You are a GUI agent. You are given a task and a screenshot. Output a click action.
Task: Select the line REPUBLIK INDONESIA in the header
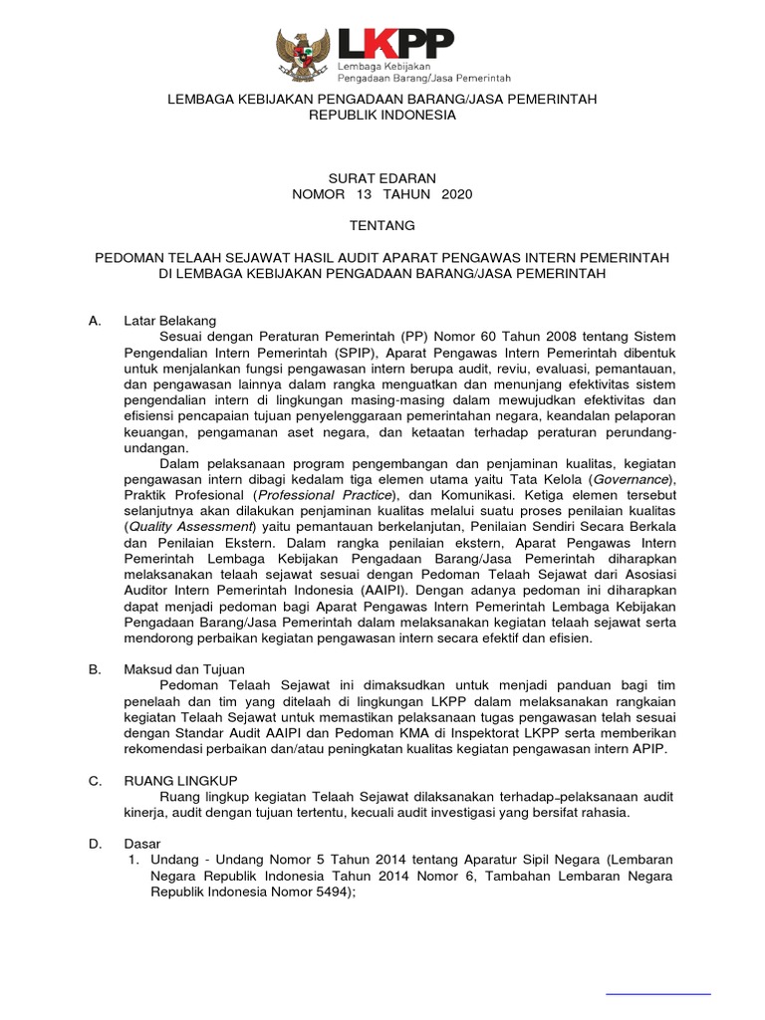point(382,116)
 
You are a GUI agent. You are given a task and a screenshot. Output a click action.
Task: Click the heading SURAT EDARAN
point(382,177)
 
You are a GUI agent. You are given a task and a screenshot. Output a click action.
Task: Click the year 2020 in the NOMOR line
point(454,194)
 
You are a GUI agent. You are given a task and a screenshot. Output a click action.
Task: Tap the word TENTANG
point(382,226)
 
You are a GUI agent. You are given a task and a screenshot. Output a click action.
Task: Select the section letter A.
point(95,321)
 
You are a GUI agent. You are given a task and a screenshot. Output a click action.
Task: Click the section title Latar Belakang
point(170,321)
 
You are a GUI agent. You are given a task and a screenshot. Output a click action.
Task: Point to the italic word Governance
point(632,478)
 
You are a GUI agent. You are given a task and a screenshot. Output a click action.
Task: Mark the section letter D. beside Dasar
point(95,845)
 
